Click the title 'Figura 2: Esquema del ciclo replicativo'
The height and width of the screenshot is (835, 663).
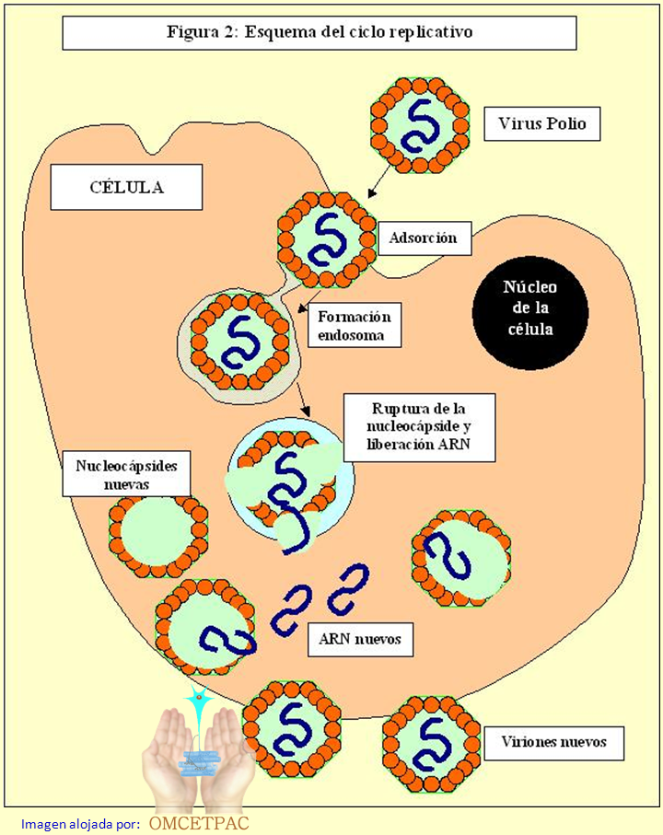pos(319,33)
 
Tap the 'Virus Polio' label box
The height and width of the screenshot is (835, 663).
pos(541,123)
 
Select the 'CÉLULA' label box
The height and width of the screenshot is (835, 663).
pos(126,188)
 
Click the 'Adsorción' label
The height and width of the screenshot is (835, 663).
pos(424,238)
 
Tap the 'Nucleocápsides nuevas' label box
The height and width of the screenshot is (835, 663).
pos(126,473)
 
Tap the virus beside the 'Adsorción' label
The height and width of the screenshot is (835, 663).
pos(327,238)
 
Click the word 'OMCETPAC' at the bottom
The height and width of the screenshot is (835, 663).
pos(198,822)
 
